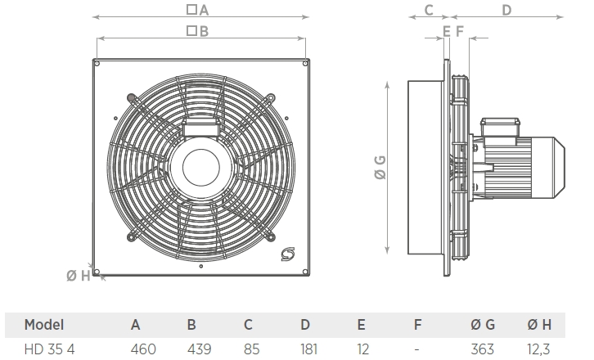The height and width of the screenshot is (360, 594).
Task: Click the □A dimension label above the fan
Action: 198,11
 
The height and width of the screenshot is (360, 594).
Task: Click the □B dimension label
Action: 198,31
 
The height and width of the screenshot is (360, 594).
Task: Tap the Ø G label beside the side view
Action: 380,169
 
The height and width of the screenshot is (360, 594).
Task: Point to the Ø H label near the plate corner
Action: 79,275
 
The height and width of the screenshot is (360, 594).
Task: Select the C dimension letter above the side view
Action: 428,11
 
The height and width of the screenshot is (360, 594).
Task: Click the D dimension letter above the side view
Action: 506,11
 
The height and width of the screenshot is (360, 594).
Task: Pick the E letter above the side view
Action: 446,31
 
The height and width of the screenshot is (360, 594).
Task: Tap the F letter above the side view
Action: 460,31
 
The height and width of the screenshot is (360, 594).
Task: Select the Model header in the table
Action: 44,325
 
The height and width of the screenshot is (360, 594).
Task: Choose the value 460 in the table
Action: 143,349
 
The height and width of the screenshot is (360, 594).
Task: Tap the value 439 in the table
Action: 199,349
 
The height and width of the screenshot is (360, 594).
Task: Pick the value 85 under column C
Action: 251,349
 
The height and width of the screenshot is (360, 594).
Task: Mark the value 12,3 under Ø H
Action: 538,349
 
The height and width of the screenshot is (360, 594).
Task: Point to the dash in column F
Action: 417,349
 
